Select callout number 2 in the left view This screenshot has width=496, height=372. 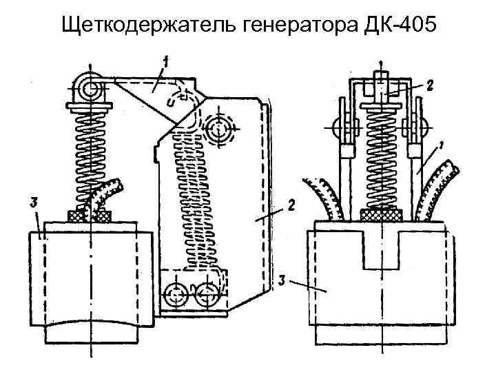click(292, 204)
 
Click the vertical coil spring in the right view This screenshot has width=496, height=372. click(383, 158)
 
